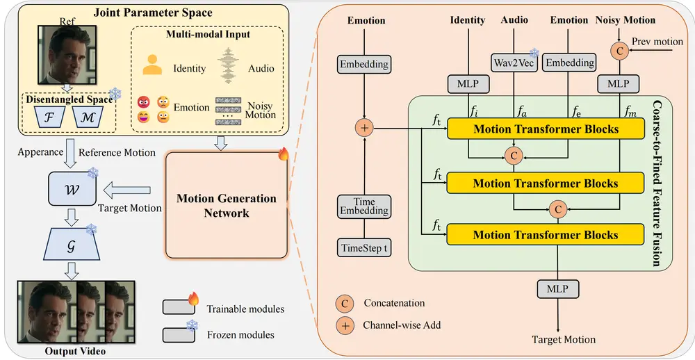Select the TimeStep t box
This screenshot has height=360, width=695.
[x=364, y=248]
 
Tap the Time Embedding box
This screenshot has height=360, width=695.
[x=364, y=206]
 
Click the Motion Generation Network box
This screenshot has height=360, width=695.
[x=226, y=206]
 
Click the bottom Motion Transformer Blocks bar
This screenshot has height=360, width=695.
[x=545, y=235]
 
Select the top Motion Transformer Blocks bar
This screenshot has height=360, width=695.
[x=545, y=129]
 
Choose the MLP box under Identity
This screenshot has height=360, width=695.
[x=468, y=83]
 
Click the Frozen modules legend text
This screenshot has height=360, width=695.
[x=240, y=335]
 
